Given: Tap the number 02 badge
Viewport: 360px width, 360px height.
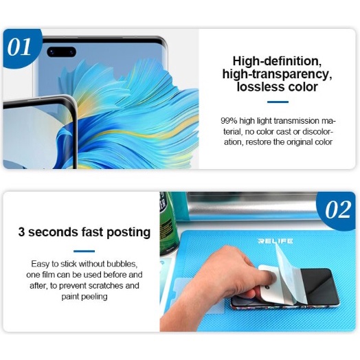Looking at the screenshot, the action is tap(337, 210).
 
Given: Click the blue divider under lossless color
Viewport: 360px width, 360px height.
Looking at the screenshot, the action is tap(278, 102).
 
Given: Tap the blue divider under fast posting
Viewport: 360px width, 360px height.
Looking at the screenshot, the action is tap(84, 251).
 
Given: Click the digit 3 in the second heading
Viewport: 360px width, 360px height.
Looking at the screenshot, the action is tap(21, 232).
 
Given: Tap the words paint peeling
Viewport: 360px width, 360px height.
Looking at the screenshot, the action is tap(85, 297).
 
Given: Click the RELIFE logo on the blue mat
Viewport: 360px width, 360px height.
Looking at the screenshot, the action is tap(275, 241).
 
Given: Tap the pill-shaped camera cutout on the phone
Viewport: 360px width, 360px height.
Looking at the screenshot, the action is tap(62, 52).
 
